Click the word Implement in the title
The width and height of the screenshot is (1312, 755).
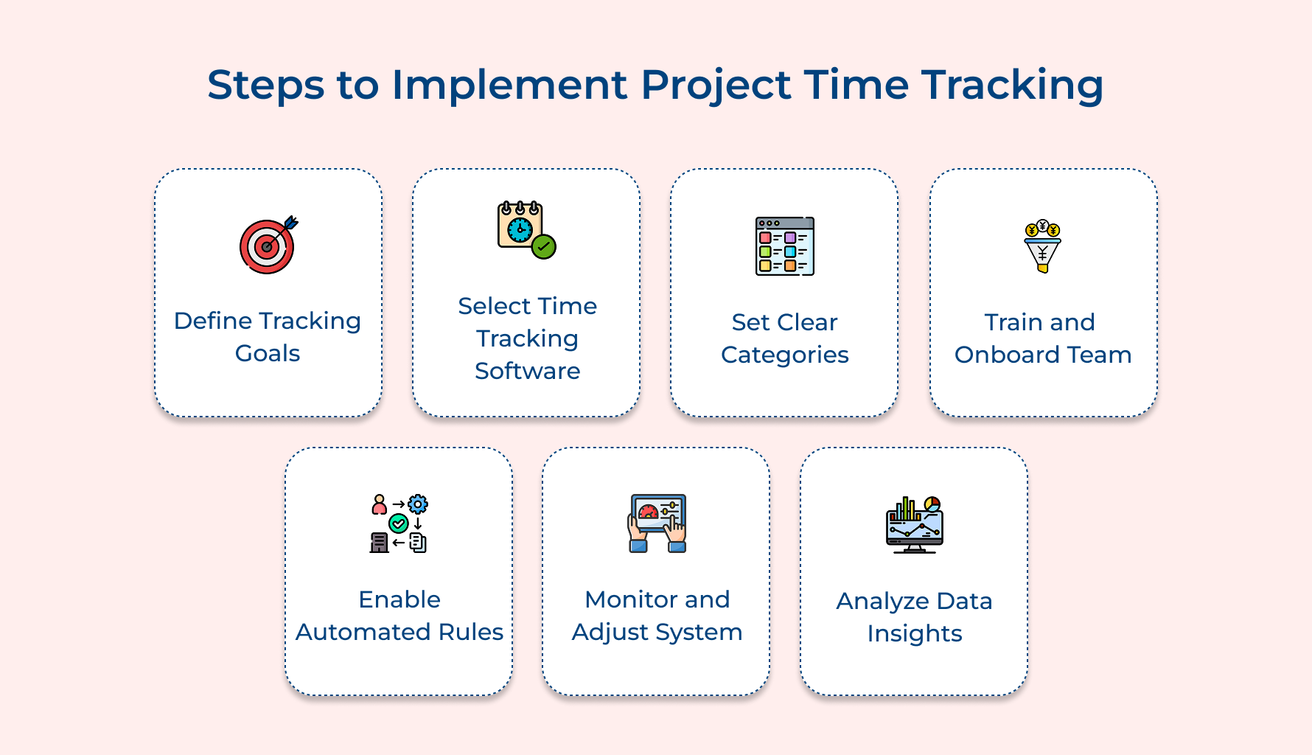point(509,85)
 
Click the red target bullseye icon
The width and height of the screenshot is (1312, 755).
point(267,247)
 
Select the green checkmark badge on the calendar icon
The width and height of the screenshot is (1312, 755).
point(544,246)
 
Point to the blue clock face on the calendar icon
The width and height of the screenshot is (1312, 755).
point(520,229)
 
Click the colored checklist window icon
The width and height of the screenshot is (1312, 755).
point(784,246)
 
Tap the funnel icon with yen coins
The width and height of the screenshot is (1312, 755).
point(1042,247)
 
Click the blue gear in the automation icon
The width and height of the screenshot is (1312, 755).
point(418,504)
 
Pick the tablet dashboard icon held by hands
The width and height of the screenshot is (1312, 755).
point(657,523)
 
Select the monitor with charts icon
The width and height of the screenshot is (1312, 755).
point(914,525)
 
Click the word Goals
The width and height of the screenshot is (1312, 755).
point(268,354)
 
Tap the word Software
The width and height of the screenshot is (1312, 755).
point(527,371)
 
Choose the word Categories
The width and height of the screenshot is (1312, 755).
point(784,355)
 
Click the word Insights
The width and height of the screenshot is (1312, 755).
point(914,634)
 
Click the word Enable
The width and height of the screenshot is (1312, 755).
point(399,599)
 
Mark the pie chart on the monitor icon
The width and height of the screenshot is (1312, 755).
point(932,504)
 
